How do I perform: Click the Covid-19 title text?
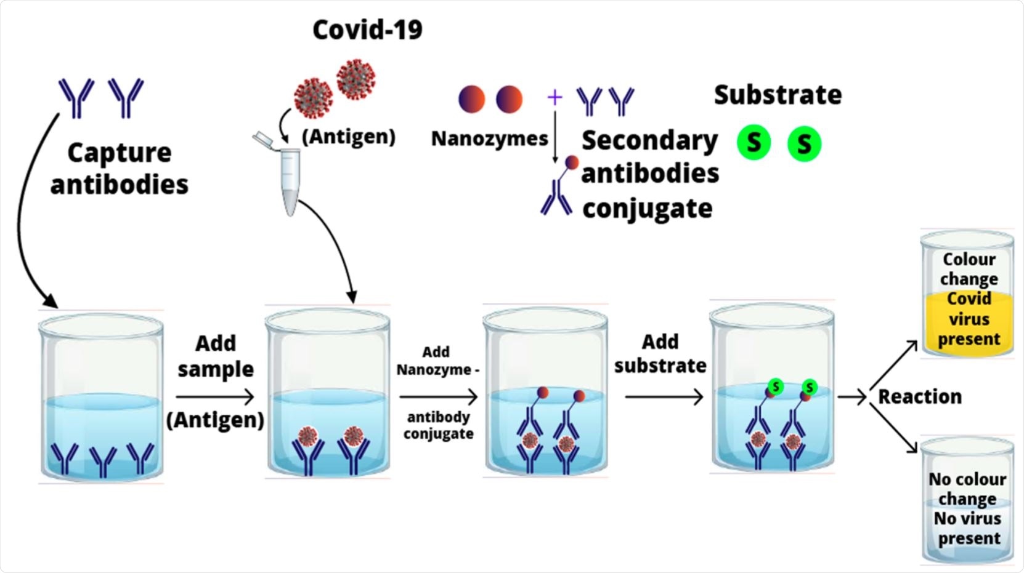[367, 30]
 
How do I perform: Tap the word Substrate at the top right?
[778, 95]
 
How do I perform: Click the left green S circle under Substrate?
[754, 143]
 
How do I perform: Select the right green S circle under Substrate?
[804, 144]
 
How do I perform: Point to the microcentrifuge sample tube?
[288, 178]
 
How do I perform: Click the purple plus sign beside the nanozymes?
[555, 97]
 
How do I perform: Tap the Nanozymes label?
[489, 138]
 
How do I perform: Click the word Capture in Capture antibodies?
[119, 153]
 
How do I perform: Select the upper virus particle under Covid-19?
[356, 79]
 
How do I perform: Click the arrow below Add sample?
[214, 397]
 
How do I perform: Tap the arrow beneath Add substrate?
[664, 397]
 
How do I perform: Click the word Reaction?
[919, 397]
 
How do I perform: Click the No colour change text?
[967, 489]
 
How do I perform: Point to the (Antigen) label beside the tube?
[348, 137]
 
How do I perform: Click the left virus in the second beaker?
[307, 437]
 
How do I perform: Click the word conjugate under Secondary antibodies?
[647, 209]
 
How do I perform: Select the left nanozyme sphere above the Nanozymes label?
[471, 99]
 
